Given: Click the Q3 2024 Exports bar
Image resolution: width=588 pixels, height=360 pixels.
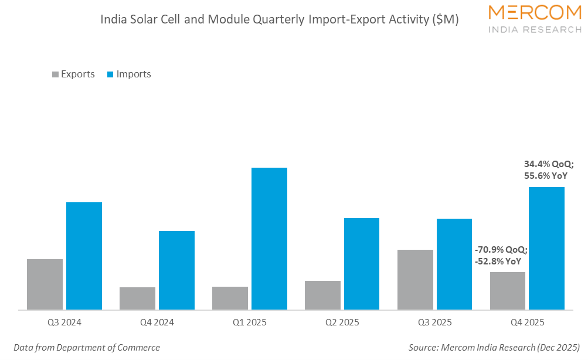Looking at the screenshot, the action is [45, 284].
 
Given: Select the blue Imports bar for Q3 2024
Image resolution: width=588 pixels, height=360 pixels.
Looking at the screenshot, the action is [84, 256].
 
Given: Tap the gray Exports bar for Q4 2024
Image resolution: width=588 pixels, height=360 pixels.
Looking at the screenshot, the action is [137, 298].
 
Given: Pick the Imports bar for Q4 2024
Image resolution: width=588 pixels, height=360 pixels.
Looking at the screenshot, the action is [176, 270].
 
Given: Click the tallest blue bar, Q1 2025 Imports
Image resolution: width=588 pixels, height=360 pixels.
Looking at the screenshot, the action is [269, 239].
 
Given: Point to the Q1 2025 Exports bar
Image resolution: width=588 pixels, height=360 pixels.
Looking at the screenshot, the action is [230, 298].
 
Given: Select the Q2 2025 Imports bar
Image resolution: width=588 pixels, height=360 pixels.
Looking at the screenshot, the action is [362, 264].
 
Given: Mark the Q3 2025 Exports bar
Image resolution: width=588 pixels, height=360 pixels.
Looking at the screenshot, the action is [415, 280].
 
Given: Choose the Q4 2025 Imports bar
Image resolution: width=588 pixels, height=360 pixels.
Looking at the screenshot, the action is [546, 248].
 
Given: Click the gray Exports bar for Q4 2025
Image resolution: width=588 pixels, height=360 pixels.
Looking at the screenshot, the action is [507, 291].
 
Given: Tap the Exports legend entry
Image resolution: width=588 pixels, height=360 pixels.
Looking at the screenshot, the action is [73, 74].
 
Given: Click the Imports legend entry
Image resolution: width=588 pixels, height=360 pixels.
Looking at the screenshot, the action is [129, 74].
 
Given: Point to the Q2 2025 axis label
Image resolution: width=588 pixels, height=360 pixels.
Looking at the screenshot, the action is [342, 322].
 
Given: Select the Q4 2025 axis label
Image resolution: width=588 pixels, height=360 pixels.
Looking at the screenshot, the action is [527, 322].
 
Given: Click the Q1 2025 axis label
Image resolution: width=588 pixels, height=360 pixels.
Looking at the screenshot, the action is [249, 322].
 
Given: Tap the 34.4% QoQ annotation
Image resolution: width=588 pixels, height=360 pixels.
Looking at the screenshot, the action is [549, 164].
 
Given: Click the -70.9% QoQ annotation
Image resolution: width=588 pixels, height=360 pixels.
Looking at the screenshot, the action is [501, 250].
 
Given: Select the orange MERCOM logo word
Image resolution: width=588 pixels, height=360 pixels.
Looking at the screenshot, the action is [535, 12].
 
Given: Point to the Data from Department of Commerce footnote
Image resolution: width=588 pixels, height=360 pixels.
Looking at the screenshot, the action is [87, 348].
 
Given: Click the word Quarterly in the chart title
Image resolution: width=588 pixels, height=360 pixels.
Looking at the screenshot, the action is [278, 19].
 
